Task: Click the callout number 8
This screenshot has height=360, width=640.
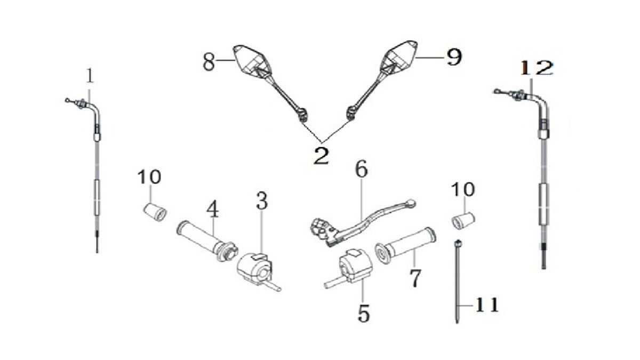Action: [209, 62]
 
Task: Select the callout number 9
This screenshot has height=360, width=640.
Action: [454, 57]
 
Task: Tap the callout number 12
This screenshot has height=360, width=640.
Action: [537, 68]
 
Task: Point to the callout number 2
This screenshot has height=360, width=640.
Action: [321, 156]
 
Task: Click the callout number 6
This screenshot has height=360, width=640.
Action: [362, 169]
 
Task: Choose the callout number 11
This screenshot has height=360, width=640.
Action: [487, 305]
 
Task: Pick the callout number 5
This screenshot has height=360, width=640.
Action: [363, 314]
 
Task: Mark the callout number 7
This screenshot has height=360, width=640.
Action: [415, 278]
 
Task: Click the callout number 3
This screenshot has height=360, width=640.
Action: [262, 201]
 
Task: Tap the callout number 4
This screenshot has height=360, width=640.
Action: [213, 209]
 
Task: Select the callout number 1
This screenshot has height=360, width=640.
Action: [90, 75]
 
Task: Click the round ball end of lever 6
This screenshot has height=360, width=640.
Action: [411, 203]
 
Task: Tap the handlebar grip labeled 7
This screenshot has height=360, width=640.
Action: [406, 244]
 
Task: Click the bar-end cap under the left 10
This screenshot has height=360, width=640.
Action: [155, 212]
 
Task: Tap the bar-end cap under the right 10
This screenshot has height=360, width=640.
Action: [463, 221]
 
